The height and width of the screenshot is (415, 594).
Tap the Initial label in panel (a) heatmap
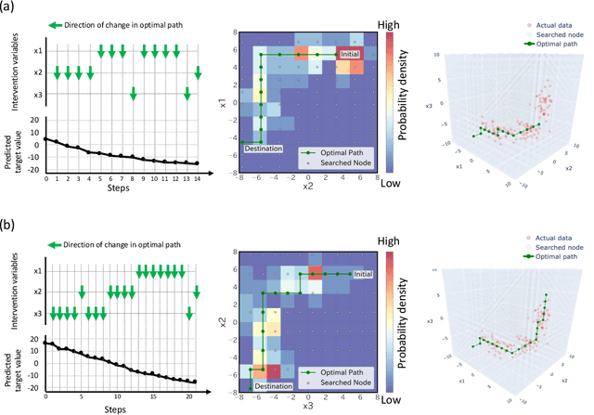(350, 55)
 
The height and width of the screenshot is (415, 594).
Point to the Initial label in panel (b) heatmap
(363, 274)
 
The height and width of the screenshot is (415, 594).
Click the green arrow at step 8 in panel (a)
(133, 93)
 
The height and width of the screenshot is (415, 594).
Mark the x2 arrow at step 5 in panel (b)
(82, 292)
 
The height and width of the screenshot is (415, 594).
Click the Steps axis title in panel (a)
(123, 188)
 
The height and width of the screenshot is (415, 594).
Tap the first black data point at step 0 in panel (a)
(47, 138)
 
